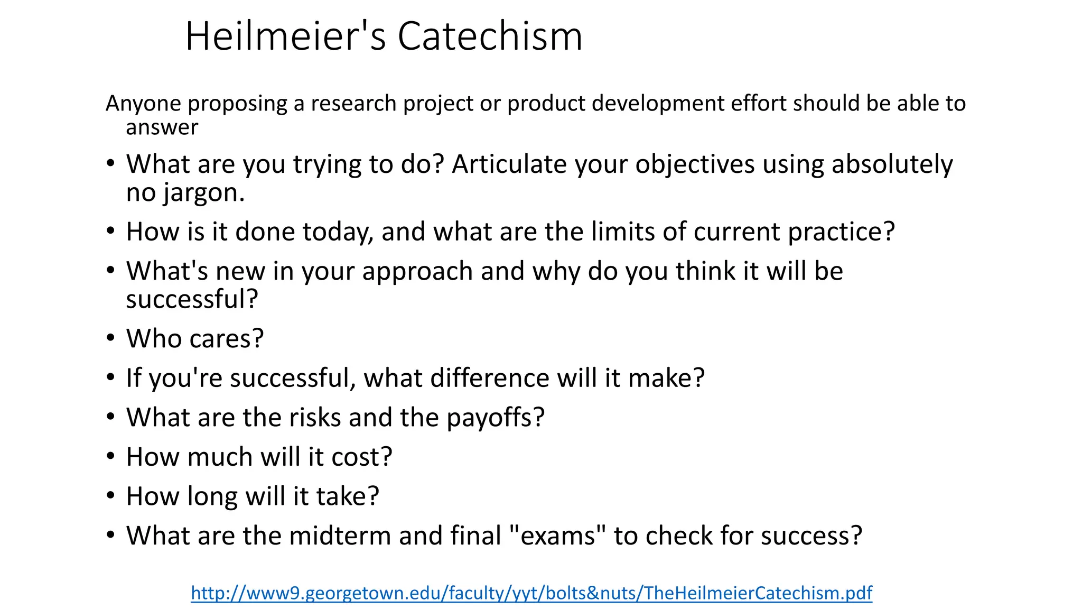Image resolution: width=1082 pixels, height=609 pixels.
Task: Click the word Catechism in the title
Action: coord(490,36)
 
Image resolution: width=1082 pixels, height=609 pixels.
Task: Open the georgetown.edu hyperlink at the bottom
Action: coord(531,593)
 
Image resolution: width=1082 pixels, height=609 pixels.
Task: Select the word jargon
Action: coord(204,193)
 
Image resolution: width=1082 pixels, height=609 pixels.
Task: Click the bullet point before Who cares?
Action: coord(110,338)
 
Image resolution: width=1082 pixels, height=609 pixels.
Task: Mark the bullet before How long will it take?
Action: coord(110,496)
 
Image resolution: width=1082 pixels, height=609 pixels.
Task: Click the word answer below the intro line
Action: coord(162,127)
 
